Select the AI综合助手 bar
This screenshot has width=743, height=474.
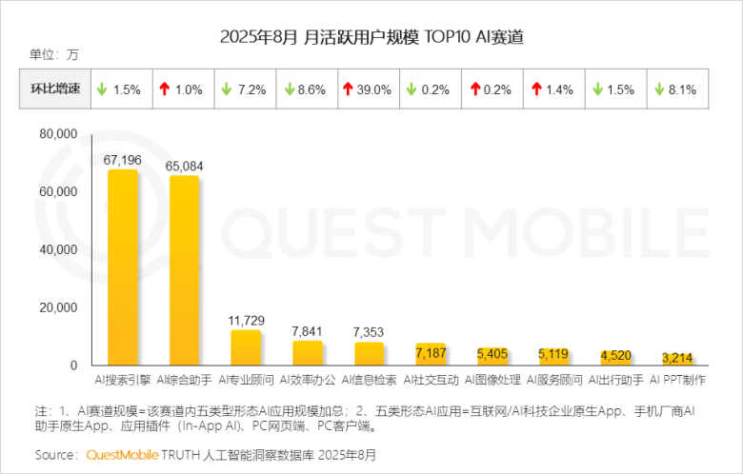click(185, 271)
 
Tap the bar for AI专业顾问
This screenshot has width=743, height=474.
click(246, 348)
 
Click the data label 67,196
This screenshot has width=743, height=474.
click(123, 160)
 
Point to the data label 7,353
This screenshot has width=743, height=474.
click(369, 331)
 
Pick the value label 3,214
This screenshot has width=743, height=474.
click(678, 358)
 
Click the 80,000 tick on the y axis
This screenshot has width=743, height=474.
click(58, 135)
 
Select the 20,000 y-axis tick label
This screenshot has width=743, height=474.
click(58, 307)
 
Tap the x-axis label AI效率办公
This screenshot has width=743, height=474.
click(308, 380)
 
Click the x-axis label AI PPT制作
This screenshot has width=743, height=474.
click(678, 380)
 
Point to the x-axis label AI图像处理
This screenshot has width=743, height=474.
click(492, 380)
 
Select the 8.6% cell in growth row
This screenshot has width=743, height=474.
click(308, 90)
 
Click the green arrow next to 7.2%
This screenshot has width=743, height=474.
click(228, 90)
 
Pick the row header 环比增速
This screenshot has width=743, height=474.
click(55, 90)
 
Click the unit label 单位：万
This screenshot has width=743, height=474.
click(54, 54)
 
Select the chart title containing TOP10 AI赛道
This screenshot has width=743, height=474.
click(371, 38)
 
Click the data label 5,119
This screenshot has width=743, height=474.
click(554, 354)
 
